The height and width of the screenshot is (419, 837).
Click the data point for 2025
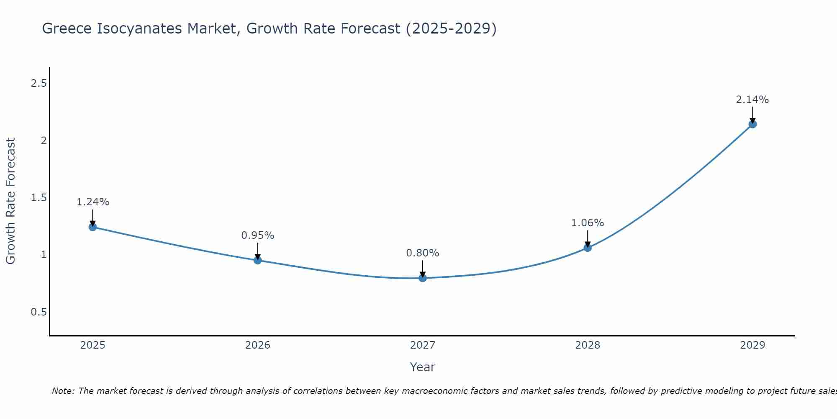[x=92, y=227]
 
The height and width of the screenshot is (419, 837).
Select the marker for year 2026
[x=258, y=260]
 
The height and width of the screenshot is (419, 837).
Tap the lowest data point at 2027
[x=423, y=278]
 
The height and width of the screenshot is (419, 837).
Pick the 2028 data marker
[x=588, y=248]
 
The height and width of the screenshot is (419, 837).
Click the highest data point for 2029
[x=752, y=124]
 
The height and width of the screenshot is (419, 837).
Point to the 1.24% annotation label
[x=92, y=202]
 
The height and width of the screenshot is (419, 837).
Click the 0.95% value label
[x=258, y=235]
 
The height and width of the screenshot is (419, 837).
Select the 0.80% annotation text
[x=423, y=253]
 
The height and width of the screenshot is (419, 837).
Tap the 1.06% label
[x=588, y=223]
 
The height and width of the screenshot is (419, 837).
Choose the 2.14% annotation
[x=752, y=100]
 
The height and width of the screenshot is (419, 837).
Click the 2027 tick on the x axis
[x=423, y=345]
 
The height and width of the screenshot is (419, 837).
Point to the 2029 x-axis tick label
[x=752, y=345]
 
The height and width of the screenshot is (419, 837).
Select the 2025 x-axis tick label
[x=92, y=345]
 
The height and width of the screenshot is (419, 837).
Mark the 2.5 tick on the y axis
[x=39, y=83]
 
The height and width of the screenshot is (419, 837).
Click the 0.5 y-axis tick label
[x=39, y=312]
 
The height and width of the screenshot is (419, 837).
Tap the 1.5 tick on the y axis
[x=39, y=198]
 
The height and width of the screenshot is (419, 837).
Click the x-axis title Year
[x=423, y=367]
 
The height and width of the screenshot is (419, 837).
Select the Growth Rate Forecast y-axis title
[x=10, y=201]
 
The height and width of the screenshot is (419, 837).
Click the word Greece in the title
[x=67, y=28]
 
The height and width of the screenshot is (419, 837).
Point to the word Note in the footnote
[x=63, y=391]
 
